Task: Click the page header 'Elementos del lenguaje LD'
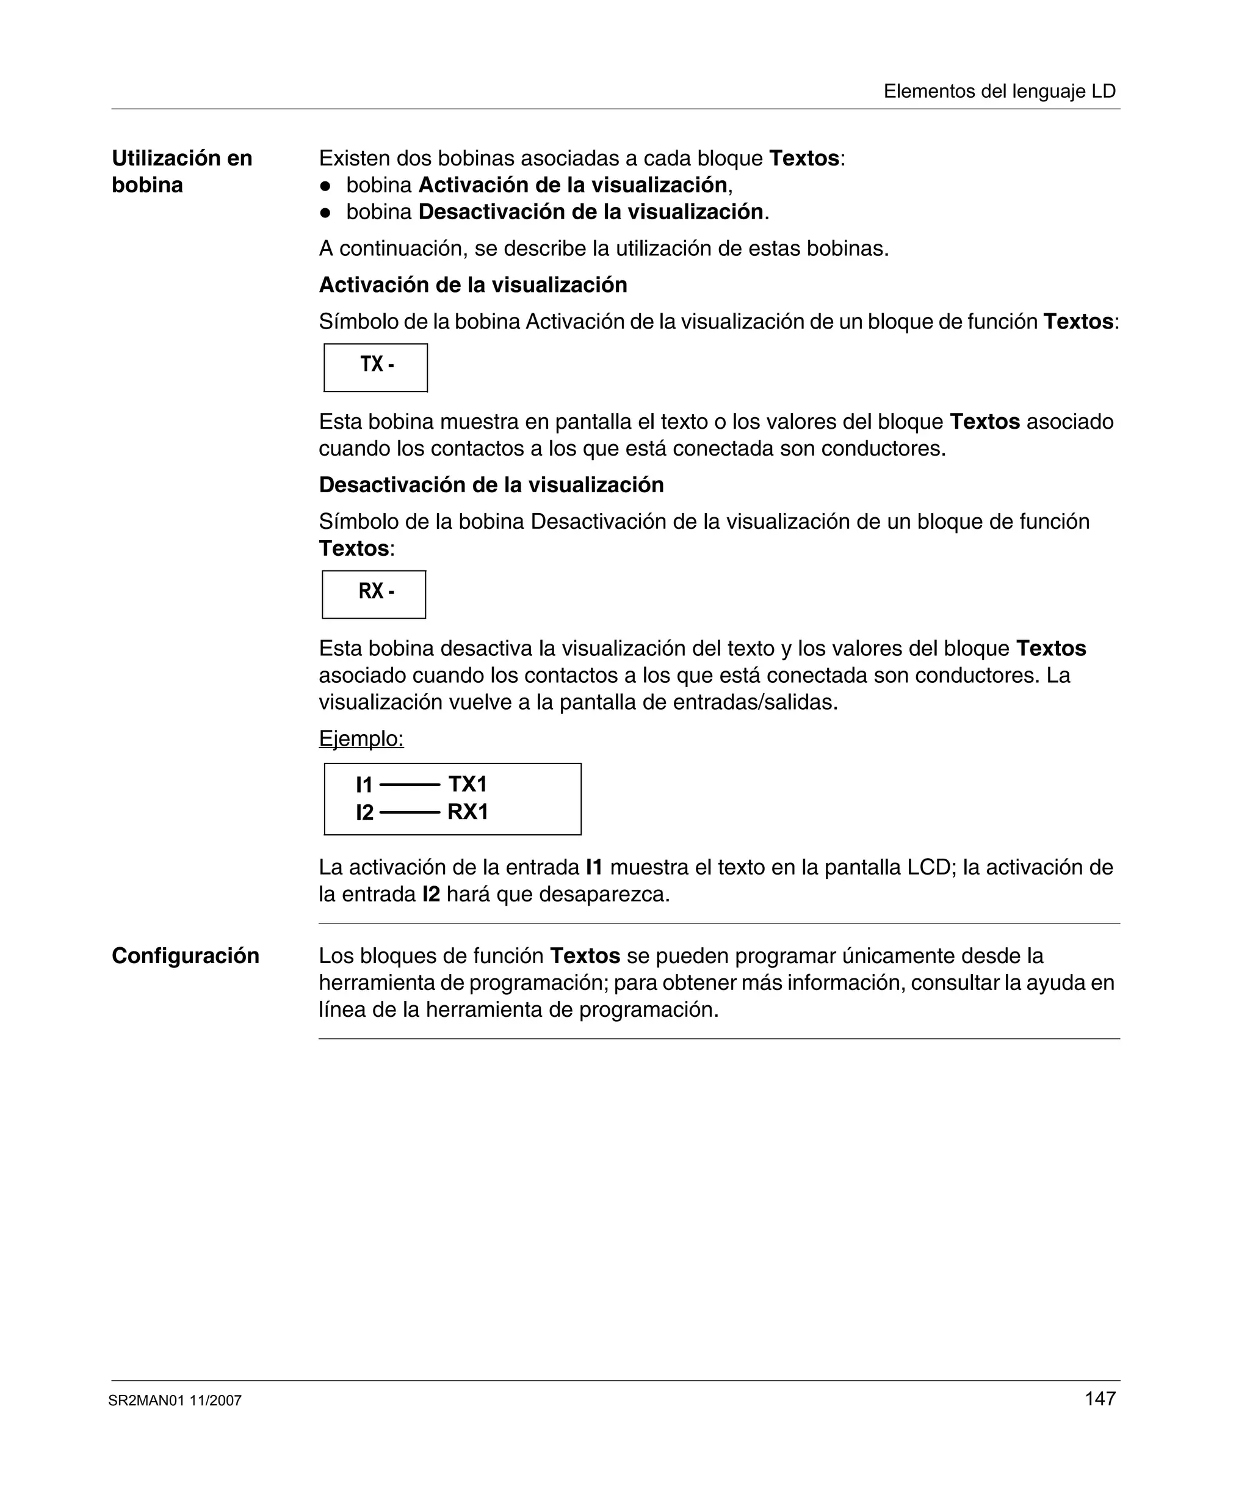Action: point(999,91)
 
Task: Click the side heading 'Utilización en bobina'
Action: point(182,171)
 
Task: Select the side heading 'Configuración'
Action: point(186,956)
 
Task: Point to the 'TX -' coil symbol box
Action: point(376,367)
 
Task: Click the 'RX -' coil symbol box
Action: point(374,594)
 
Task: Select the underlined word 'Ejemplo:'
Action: point(361,739)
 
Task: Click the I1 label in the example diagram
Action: point(364,785)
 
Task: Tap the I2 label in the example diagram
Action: point(364,812)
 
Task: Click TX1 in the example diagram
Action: point(468,784)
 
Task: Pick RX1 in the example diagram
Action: point(468,812)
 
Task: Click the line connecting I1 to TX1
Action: point(410,785)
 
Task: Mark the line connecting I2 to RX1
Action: point(410,812)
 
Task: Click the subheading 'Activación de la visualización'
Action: point(473,285)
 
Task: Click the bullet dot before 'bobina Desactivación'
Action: point(325,213)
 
